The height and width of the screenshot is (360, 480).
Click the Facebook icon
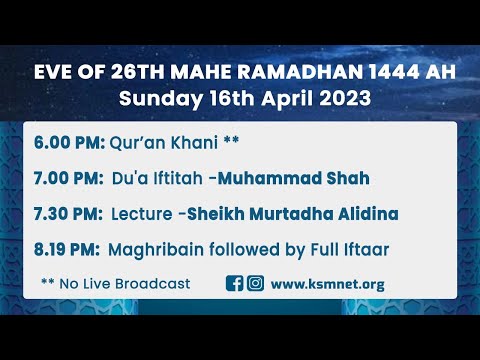pos(235,284)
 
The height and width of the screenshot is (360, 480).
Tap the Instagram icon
pos(255,284)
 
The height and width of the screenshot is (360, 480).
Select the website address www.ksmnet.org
pos(327,284)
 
